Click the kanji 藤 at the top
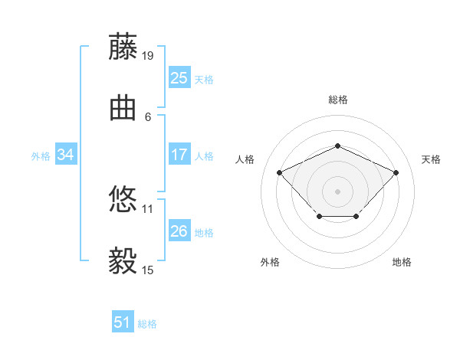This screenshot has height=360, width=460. pyautogui.click(x=123, y=46)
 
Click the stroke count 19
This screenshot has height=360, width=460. pyautogui.click(x=147, y=56)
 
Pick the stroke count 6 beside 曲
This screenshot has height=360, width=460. pyautogui.click(x=148, y=117)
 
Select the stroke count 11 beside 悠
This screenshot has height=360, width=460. pyautogui.click(x=147, y=209)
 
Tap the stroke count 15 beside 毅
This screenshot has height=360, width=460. pyautogui.click(x=147, y=270)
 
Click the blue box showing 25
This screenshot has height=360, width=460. pyautogui.click(x=179, y=77)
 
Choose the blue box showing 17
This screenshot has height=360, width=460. pyautogui.click(x=179, y=154)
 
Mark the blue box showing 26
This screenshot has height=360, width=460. pyautogui.click(x=179, y=230)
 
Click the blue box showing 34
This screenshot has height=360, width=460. pyautogui.click(x=66, y=154)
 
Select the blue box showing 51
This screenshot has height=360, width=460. pyautogui.click(x=123, y=321)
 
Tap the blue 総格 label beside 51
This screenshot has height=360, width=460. pyautogui.click(x=147, y=324)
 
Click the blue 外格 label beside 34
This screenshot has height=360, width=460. pyautogui.click(x=41, y=156)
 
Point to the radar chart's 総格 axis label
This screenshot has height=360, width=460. pyautogui.click(x=338, y=100)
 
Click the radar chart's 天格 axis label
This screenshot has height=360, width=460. pyautogui.click(x=431, y=159)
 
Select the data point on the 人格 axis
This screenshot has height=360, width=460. pyautogui.click(x=280, y=172)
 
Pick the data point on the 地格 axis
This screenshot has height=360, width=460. pyautogui.click(x=356, y=216)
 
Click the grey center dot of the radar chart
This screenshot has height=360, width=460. pyautogui.click(x=337, y=191)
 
